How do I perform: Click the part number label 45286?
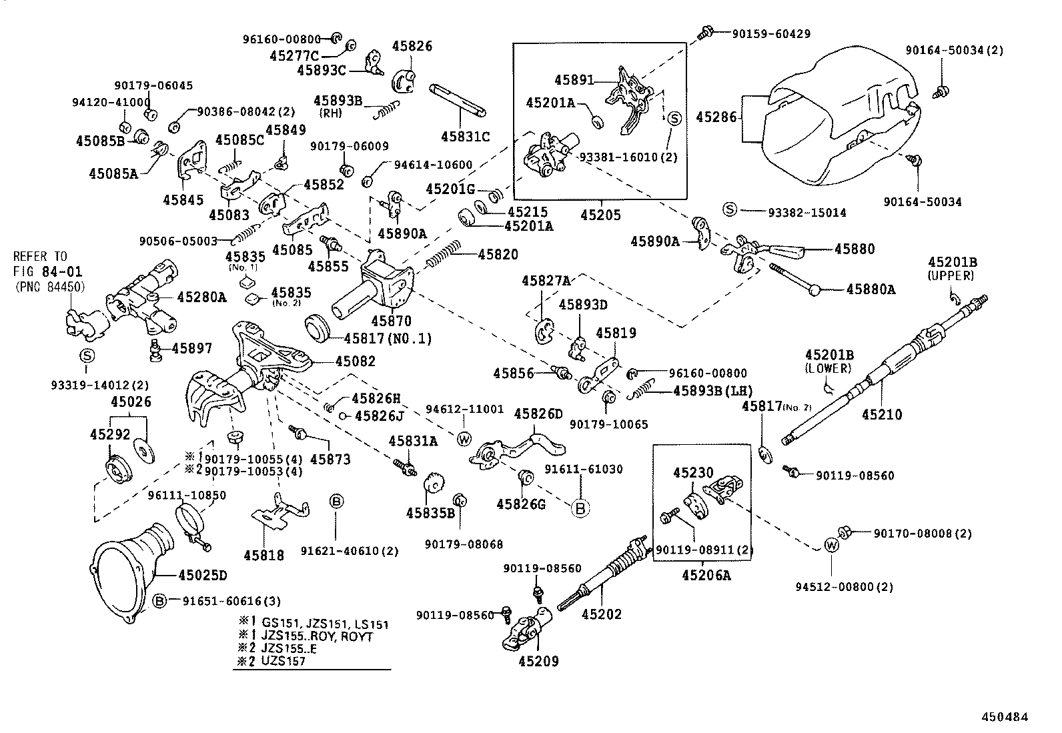click(716, 117)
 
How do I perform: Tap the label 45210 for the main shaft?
click(881, 415)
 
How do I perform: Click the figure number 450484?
click(1004, 717)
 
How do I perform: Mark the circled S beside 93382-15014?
click(730, 210)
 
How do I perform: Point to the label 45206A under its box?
click(706, 574)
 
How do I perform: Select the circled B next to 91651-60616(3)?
click(159, 600)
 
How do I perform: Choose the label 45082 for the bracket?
click(355, 361)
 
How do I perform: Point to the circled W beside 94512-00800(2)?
click(831, 545)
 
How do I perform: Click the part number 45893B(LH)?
click(713, 391)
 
